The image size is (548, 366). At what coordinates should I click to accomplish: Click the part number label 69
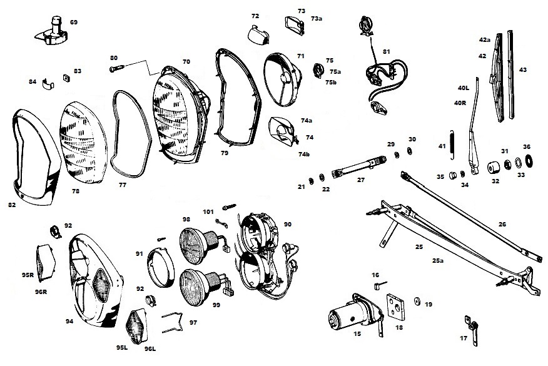coord(74,23)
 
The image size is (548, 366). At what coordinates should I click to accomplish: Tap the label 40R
coord(462,103)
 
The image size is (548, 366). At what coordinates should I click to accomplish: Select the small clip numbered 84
coord(46,84)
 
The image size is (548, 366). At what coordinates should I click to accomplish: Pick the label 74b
coord(305,154)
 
